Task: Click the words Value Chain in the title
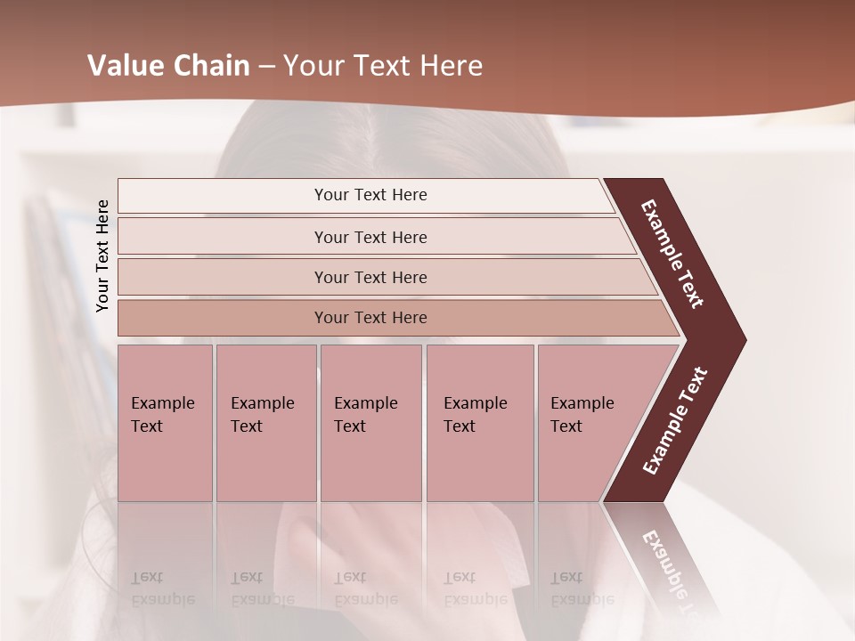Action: [x=168, y=66]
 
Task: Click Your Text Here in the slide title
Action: [x=383, y=66]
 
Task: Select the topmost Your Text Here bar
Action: [x=370, y=195]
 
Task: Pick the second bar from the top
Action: [x=370, y=237]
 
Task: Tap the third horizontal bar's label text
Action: [x=370, y=278]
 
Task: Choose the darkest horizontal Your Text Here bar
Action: [x=370, y=318]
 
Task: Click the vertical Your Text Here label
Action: [x=102, y=256]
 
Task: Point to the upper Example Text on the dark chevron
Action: [x=672, y=254]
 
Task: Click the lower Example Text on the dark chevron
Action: [x=675, y=420]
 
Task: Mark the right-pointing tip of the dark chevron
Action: [x=744, y=340]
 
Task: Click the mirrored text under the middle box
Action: [x=366, y=588]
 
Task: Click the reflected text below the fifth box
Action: [x=582, y=588]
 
